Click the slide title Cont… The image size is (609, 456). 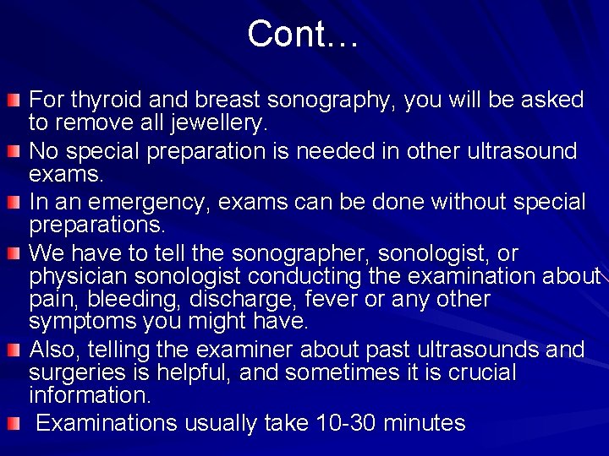click(304, 34)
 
